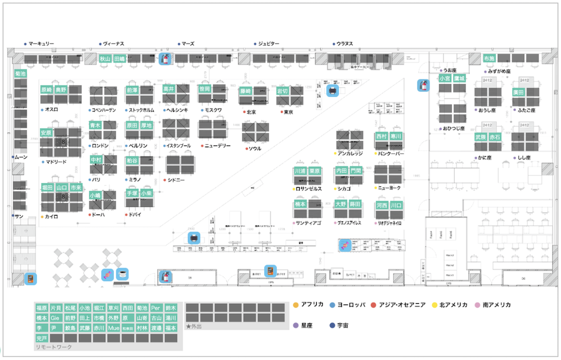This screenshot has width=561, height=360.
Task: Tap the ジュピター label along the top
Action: [x=269, y=44]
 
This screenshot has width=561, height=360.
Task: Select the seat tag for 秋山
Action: [x=105, y=59]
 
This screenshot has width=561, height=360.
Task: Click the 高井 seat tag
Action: [x=169, y=89]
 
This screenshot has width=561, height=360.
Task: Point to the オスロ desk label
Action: [x=51, y=110]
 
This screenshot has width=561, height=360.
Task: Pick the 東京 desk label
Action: [x=288, y=112]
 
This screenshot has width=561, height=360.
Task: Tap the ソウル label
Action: [x=255, y=148]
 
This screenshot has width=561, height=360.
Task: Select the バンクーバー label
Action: [x=391, y=154]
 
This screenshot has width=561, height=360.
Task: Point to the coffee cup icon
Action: [x=122, y=274]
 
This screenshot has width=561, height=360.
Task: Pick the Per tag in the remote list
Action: [x=155, y=308]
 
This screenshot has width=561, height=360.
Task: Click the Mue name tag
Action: [x=113, y=328]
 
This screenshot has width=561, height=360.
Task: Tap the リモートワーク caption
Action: [x=54, y=347]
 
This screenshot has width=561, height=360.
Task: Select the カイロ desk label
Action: [x=51, y=217]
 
